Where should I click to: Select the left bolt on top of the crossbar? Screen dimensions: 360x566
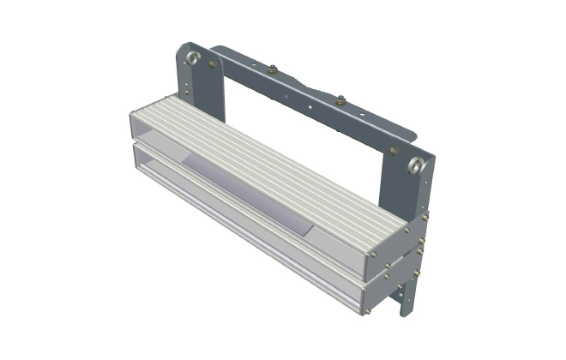pos(273,69)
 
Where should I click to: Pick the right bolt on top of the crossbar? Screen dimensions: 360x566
pos(340,99)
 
